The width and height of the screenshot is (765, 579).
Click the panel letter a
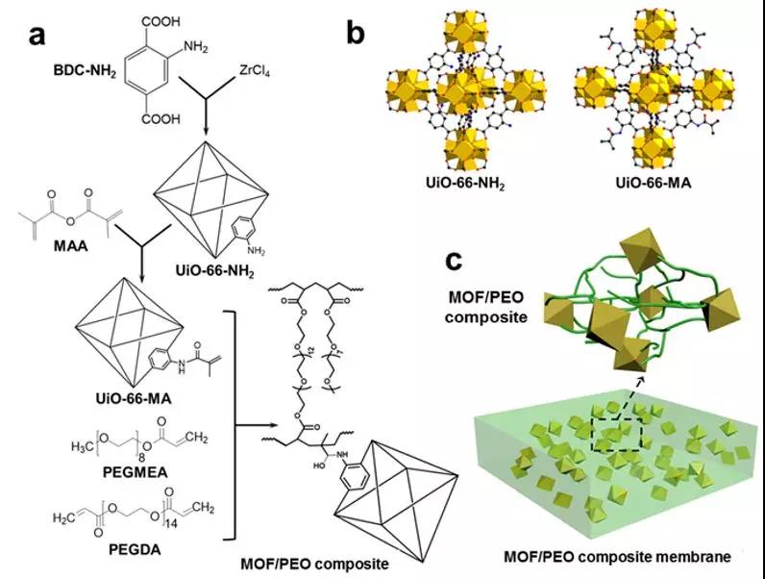(38, 36)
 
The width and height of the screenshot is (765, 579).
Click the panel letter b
(356, 36)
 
